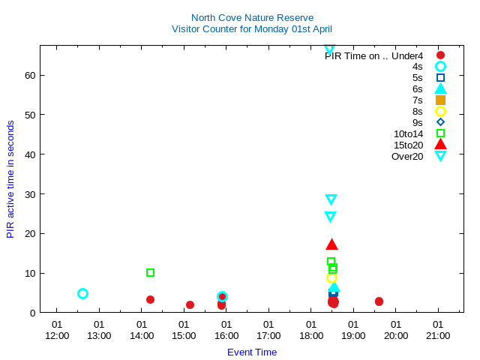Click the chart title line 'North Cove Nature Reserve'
[252, 17]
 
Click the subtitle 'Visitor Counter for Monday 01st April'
[252, 28]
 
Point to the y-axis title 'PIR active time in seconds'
[10, 179]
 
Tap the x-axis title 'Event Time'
[252, 352]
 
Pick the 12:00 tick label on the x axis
[57, 335]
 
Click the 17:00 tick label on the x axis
[268, 335]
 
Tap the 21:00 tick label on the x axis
[438, 335]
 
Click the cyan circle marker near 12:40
[82, 293]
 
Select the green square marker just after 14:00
[150, 272]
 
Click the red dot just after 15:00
[190, 304]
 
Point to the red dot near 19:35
[379, 301]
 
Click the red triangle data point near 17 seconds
[331, 244]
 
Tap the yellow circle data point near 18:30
[331, 277]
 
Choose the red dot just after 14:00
[150, 299]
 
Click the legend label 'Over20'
[407, 156]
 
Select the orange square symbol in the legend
[440, 100]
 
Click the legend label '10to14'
[408, 133]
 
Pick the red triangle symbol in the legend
[440, 145]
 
